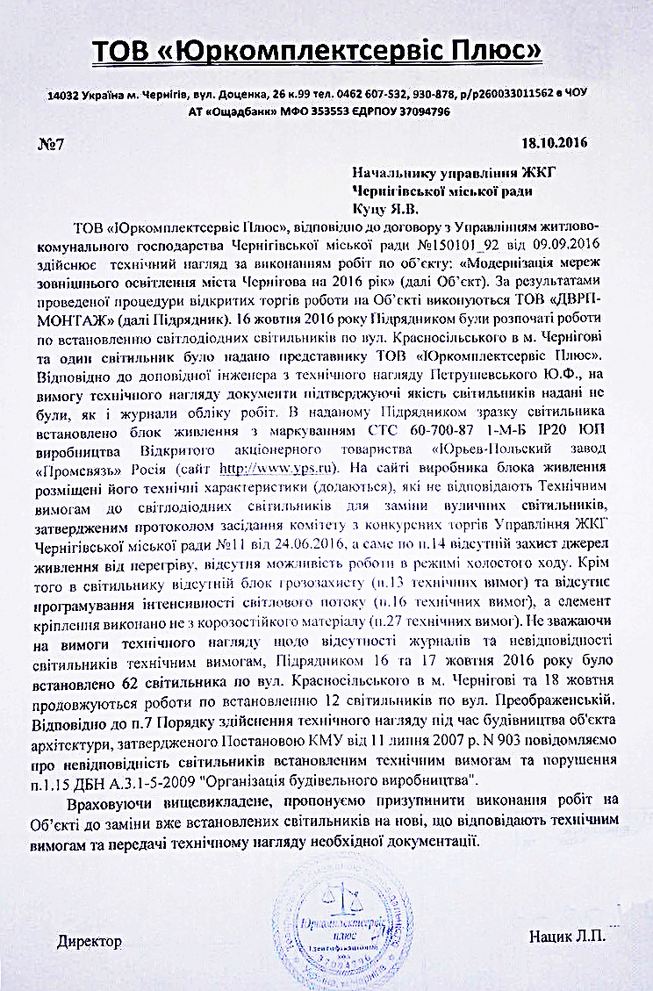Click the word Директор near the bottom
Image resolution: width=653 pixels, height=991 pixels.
click(89, 940)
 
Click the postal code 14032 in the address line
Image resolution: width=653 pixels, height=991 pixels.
click(64, 94)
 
